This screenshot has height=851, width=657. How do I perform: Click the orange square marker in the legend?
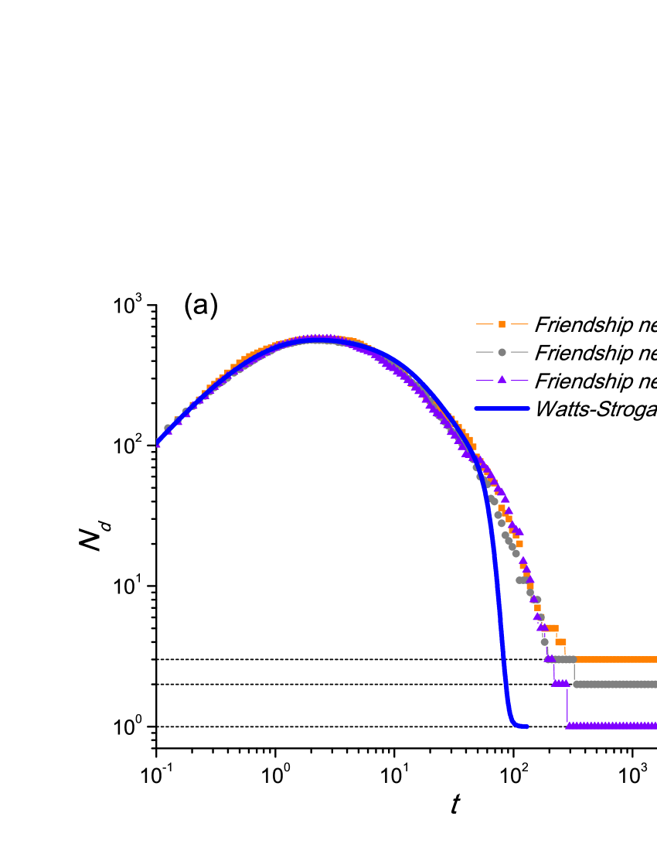pos(502,324)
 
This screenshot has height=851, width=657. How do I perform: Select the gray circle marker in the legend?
pos(502,352)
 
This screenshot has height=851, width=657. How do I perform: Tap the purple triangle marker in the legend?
pos(502,380)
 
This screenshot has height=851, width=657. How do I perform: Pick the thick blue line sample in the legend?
pos(502,408)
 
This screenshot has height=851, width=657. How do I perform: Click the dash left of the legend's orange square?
pos(484,324)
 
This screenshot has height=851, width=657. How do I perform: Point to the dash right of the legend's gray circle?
pos(519,352)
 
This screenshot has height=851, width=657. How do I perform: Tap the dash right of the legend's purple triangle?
pos(519,380)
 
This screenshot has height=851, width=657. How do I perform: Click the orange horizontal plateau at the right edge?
pos(618,660)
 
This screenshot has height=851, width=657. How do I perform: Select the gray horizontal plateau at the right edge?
pos(618,684)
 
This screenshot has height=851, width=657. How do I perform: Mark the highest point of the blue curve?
pos(317,340)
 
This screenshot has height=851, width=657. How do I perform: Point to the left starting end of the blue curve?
pos(158,443)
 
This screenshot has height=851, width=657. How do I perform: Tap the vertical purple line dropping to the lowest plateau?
pos(567,704)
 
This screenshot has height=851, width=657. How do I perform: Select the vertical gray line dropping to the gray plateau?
pos(574,672)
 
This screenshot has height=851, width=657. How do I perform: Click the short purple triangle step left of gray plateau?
pos(560,682)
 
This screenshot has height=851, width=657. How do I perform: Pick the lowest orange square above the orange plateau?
pos(560,642)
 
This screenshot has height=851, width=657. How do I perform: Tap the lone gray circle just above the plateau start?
pos(544,642)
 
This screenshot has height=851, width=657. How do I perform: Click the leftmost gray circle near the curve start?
pos(167,428)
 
